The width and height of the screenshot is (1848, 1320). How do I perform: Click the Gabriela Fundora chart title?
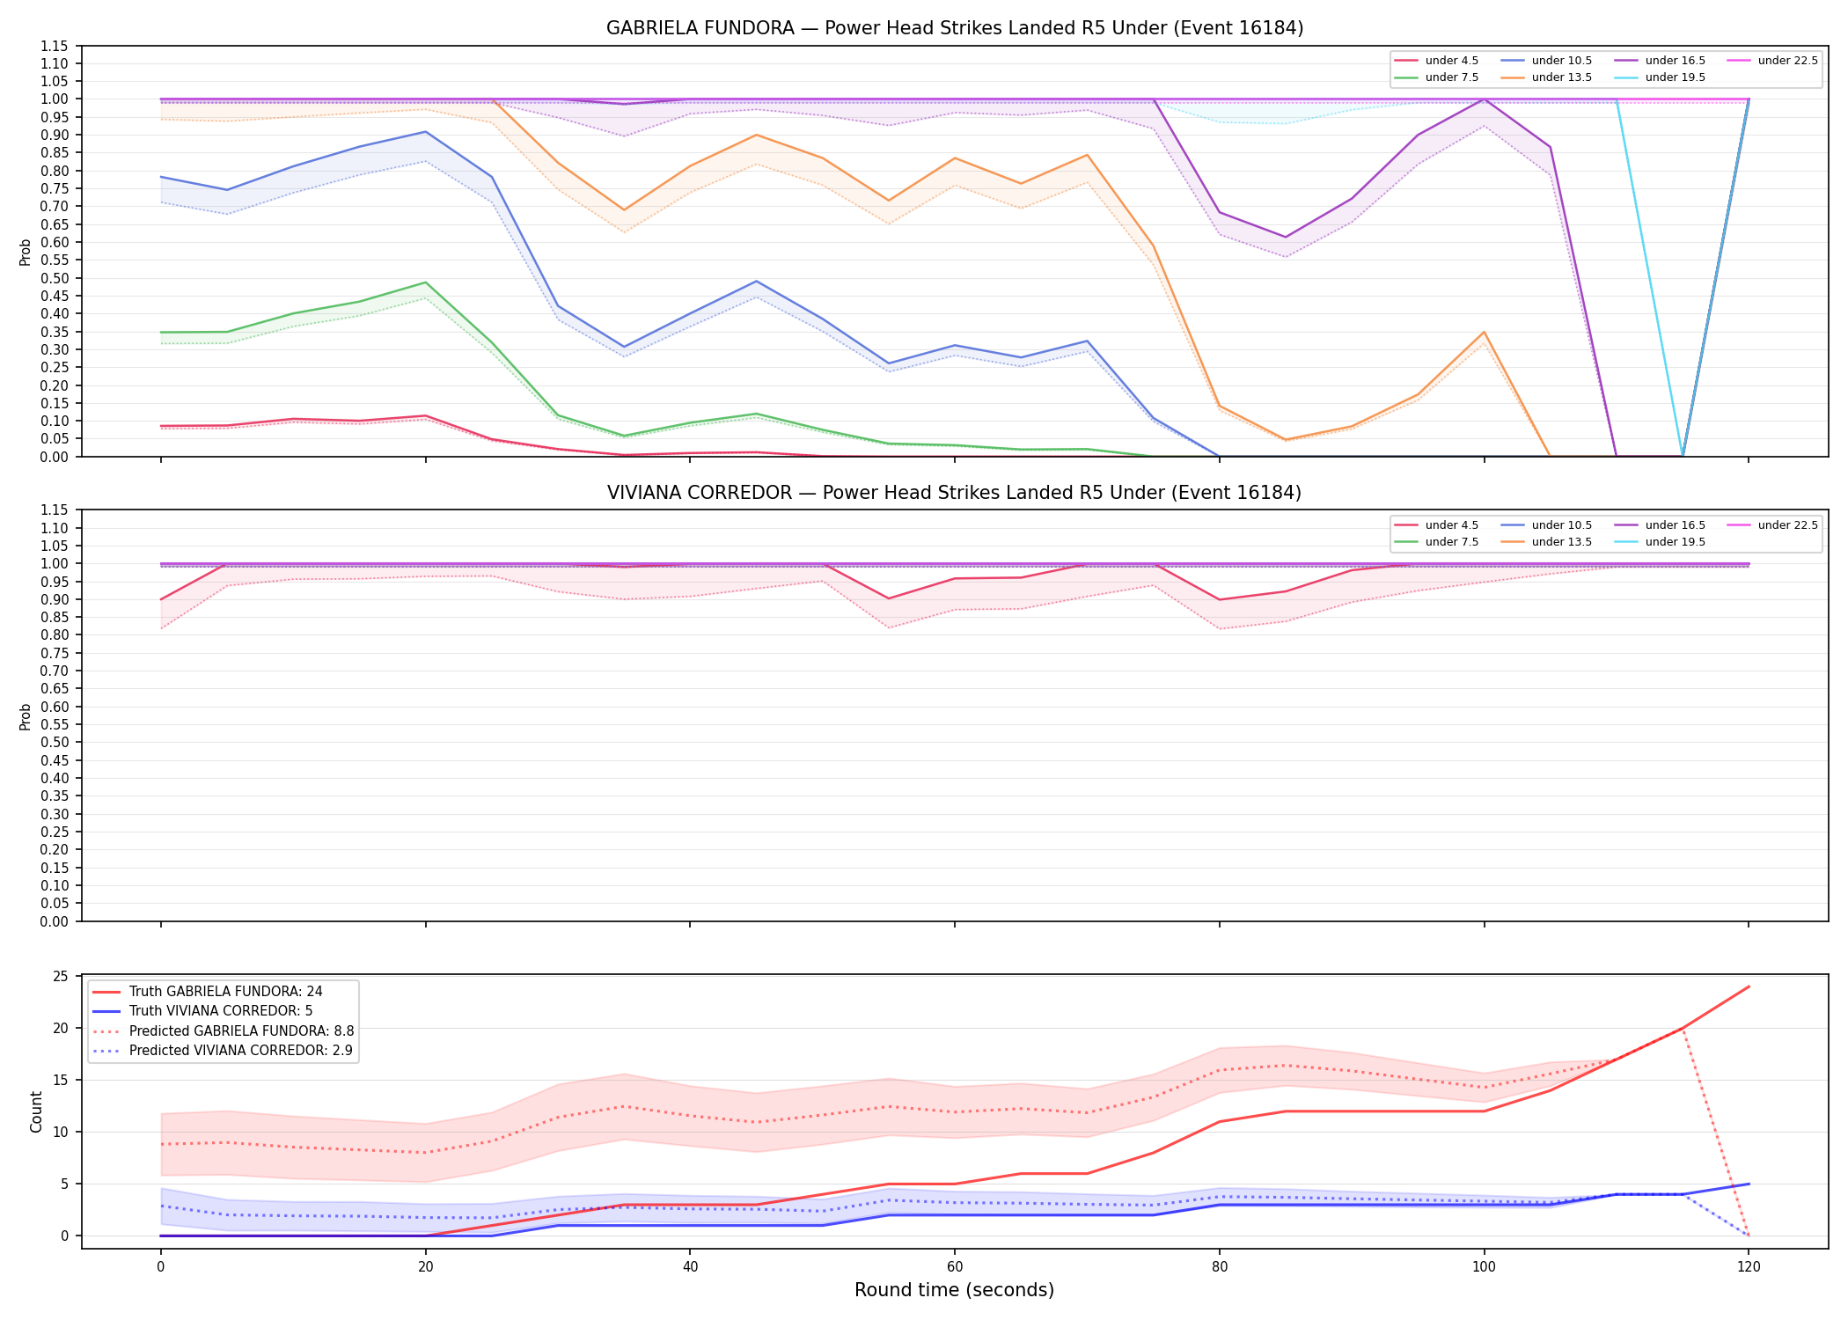tap(955, 28)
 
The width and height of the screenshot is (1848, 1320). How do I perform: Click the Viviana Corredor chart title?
tap(955, 493)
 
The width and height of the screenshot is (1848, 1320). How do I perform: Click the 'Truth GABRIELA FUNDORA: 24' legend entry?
tap(226, 992)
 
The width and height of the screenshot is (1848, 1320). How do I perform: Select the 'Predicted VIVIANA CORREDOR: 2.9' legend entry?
tap(242, 1051)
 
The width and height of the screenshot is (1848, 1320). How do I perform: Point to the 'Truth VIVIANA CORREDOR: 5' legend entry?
tap(221, 1011)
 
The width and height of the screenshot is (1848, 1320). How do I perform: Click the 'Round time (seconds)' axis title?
tap(955, 1290)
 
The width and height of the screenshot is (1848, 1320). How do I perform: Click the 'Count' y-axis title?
tap(36, 1111)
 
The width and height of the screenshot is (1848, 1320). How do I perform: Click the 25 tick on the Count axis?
tap(61, 977)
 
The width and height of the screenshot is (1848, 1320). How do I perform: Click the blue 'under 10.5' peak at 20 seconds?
tap(426, 132)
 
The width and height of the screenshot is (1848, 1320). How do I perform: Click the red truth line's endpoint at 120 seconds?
tap(1749, 986)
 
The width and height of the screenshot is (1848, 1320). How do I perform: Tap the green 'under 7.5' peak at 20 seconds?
tap(426, 282)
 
